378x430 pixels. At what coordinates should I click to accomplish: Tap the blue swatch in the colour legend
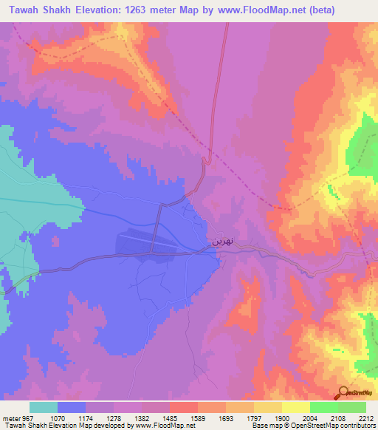click(x=72, y=407)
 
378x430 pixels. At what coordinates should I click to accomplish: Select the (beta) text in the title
click(x=300, y=10)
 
